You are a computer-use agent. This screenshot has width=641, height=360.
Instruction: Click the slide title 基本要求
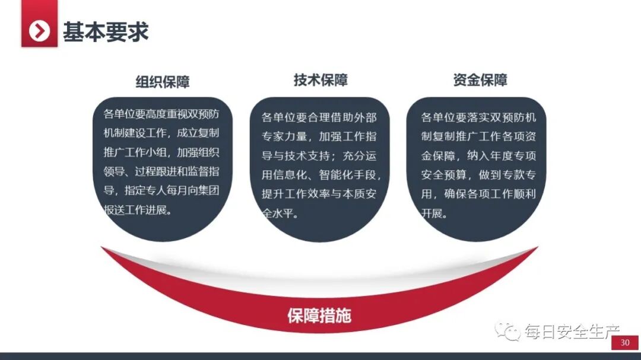tap(106, 31)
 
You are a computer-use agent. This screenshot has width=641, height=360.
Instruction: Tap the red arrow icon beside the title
tap(40, 30)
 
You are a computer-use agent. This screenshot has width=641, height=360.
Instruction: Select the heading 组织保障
tap(163, 82)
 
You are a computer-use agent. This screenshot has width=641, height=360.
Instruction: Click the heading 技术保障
tap(320, 80)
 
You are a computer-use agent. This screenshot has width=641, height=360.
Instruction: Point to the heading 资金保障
tap(480, 80)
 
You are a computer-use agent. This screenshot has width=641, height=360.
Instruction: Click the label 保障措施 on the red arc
tap(319, 315)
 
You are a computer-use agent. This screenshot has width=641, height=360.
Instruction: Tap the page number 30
tap(625, 343)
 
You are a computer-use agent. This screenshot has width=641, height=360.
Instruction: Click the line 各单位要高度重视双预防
tap(161, 114)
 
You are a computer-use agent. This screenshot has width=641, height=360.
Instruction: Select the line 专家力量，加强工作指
tap(319, 136)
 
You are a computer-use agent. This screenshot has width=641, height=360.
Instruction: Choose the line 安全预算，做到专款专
tap(478, 175)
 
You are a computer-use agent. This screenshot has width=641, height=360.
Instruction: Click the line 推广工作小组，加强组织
tap(161, 152)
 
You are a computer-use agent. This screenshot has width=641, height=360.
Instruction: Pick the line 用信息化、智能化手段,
tap(321, 175)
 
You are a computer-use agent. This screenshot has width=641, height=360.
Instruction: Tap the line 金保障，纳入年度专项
tap(478, 155)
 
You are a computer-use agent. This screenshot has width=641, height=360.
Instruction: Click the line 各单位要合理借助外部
tap(319, 117)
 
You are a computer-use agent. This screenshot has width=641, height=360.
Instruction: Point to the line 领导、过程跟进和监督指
tap(161, 171)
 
